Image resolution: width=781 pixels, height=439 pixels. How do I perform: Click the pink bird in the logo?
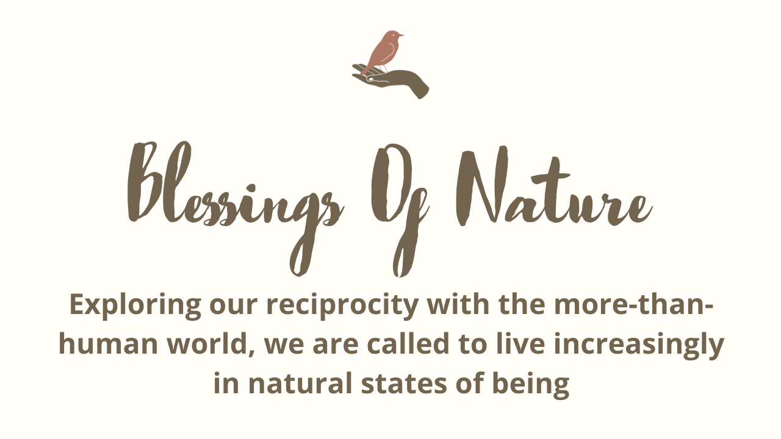tap(382, 52)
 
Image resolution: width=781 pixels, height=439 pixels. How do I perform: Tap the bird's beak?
tap(401, 35)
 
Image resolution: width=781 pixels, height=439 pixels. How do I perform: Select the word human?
tap(108, 343)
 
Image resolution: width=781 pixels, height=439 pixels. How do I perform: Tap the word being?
tap(531, 385)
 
